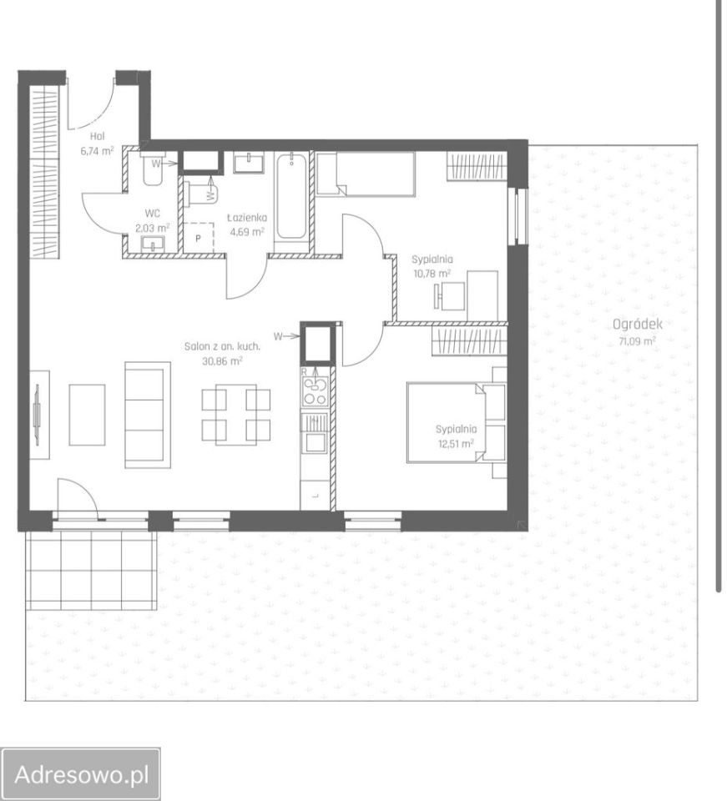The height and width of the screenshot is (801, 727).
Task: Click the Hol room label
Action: [x=97, y=136]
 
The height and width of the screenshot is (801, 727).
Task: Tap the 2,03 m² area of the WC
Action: [x=152, y=228]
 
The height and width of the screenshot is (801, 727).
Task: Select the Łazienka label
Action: [x=247, y=218]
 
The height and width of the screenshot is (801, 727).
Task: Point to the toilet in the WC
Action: [x=152, y=169]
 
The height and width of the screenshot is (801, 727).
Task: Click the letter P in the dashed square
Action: [x=198, y=239]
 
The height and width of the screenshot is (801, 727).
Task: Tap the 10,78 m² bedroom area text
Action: [x=432, y=274]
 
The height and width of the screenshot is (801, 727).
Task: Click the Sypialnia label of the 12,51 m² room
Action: [x=457, y=430]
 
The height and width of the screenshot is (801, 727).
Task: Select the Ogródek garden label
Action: [x=638, y=324]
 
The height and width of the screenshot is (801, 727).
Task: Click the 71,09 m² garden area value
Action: [x=638, y=341]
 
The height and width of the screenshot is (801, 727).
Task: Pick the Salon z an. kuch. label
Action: [x=222, y=347]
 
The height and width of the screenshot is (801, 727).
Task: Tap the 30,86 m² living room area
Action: [x=222, y=361]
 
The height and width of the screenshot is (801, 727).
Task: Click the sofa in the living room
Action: [x=148, y=415]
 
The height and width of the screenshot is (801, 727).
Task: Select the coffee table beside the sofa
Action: [x=87, y=415]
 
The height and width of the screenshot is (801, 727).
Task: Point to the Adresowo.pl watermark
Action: [x=82, y=774]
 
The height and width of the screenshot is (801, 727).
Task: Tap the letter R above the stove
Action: [x=305, y=371]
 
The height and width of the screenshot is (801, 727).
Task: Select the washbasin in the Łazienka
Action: [x=249, y=163]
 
